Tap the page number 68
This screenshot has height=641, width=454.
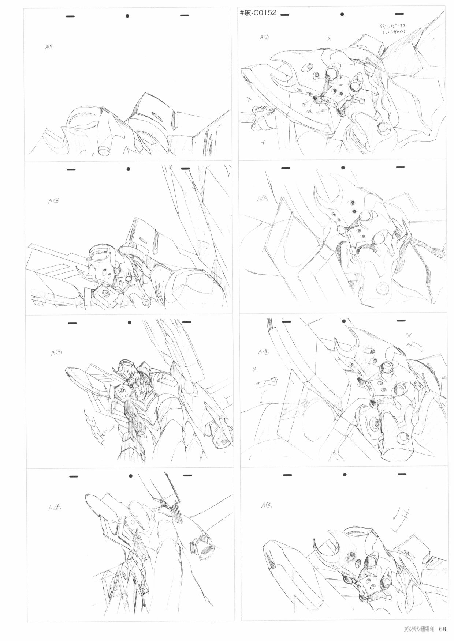442,629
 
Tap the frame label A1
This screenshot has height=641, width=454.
264,37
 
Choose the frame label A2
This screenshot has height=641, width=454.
263,199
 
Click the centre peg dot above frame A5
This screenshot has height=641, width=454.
127,16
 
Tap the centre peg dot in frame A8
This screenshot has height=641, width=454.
131,476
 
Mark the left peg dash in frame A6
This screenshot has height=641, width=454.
71,169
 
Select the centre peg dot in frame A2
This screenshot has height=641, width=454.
343,168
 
